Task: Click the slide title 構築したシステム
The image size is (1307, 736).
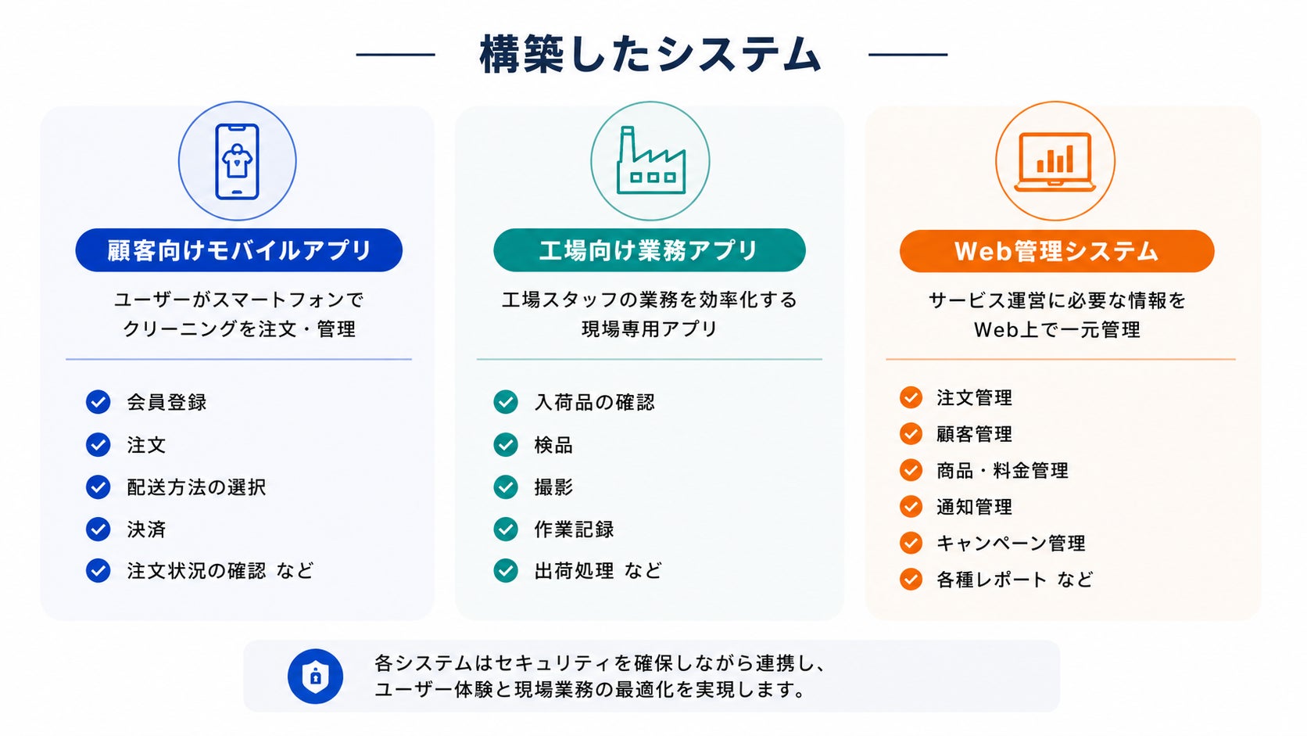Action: [650, 54]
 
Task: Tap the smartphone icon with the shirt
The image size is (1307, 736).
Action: [237, 162]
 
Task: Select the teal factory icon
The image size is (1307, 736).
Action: [650, 160]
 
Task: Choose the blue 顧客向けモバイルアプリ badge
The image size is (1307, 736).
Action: [238, 250]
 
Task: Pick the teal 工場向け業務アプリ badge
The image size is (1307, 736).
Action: [650, 250]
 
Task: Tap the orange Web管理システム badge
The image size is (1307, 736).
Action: [1057, 251]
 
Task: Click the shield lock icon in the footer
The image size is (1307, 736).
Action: [315, 677]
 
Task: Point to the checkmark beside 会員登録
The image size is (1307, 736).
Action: [98, 402]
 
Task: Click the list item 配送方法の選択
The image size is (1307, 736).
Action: [197, 487]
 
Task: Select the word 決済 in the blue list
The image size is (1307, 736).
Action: [146, 530]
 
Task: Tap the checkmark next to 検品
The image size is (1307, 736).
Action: [505, 445]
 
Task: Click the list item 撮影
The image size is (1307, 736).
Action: [553, 487]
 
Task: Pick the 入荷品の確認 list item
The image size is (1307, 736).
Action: [595, 402]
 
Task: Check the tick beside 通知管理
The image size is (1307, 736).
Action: [911, 507]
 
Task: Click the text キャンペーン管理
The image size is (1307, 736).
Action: [1011, 544]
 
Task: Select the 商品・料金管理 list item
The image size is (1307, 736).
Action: [1002, 470]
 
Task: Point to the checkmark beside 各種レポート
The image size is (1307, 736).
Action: [911, 580]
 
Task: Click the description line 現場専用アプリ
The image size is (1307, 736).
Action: [650, 329]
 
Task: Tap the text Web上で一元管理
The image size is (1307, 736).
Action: [1057, 330]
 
